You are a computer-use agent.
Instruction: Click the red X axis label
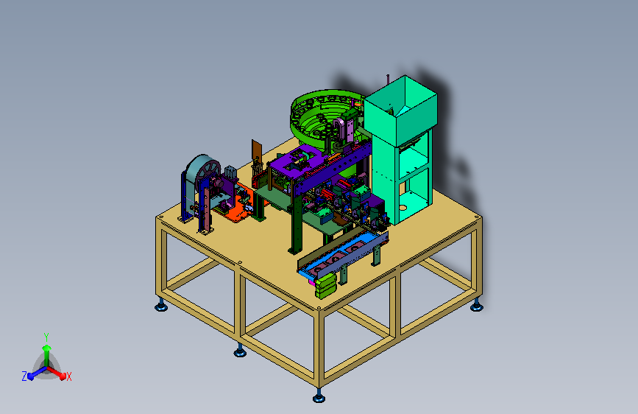68,376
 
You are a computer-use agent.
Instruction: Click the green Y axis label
46,337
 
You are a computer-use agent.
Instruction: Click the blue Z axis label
24,376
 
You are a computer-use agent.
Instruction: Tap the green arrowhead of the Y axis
47,348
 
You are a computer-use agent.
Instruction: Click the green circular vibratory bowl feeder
322,118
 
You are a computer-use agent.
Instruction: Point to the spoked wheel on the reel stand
208,175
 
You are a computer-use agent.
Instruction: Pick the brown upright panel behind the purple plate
257,150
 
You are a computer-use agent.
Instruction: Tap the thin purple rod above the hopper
388,80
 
